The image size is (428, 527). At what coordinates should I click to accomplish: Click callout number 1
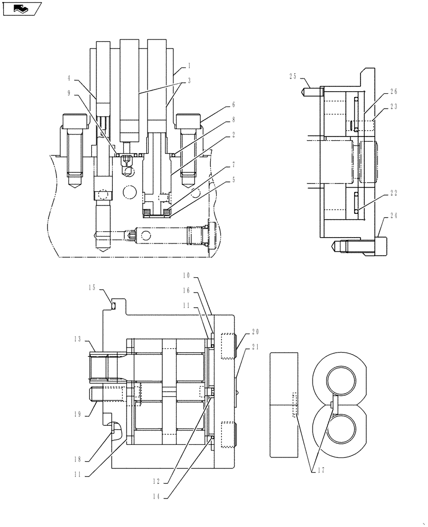pyautogui.click(x=189, y=67)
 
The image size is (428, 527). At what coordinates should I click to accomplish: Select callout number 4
pyautogui.click(x=69, y=79)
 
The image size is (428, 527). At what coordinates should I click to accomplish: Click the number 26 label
pyautogui.click(x=393, y=92)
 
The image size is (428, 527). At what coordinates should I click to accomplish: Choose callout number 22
pyautogui.click(x=393, y=193)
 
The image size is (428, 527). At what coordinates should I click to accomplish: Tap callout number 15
pyautogui.click(x=92, y=288)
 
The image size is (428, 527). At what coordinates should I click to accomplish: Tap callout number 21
pyautogui.click(x=256, y=346)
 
